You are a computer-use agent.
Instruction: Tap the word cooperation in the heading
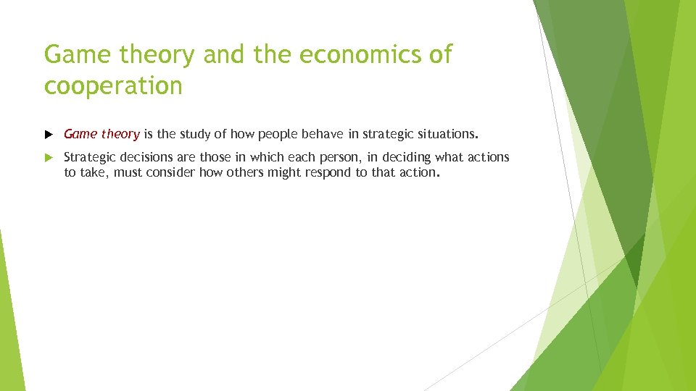click(x=113, y=86)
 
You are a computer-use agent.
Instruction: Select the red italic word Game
click(x=80, y=134)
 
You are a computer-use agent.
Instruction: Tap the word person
click(x=348, y=157)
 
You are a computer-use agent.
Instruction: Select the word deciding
click(x=406, y=157)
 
